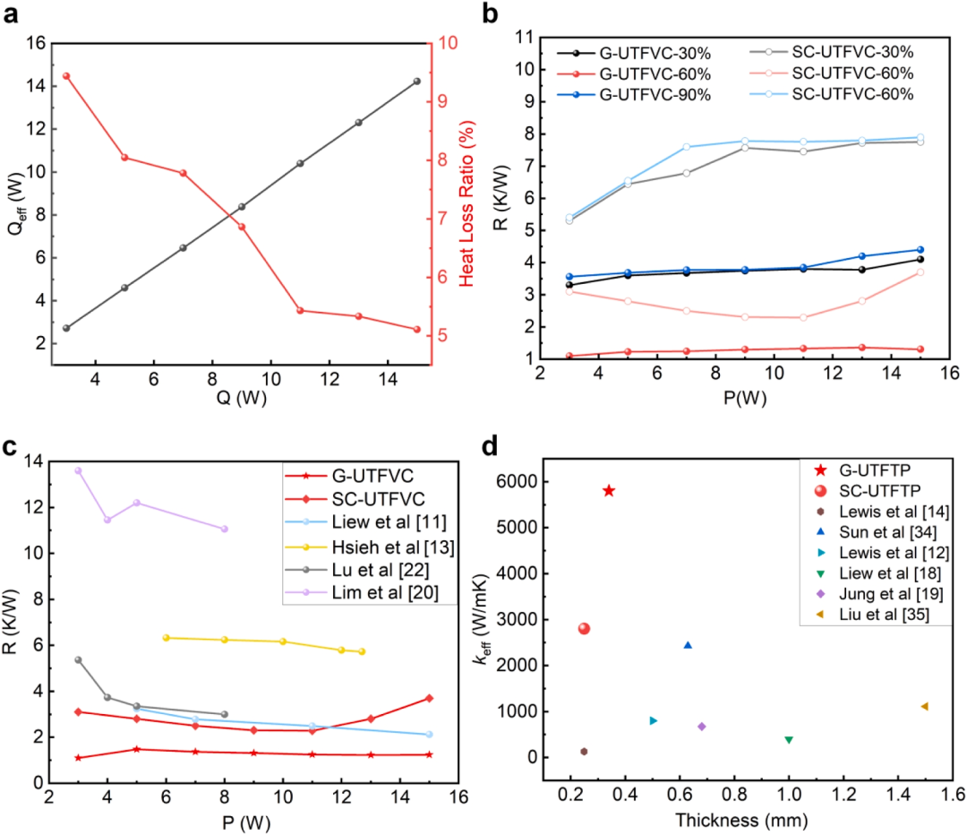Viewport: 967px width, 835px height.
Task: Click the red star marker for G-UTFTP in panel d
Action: tap(609, 491)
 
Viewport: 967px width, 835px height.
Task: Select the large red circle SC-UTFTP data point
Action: tap(584, 628)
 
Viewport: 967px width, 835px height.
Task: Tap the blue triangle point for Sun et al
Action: tap(689, 645)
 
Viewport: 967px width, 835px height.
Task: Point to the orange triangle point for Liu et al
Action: tap(924, 706)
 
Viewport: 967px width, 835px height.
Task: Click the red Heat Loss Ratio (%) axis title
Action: tap(466, 203)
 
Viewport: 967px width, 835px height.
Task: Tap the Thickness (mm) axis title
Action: tap(741, 820)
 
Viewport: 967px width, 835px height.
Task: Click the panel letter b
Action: tap(490, 13)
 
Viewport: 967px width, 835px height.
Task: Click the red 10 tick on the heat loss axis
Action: tap(449, 43)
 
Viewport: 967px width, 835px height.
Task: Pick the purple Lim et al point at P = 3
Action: tap(78, 470)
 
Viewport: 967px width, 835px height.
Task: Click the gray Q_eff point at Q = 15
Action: tap(417, 82)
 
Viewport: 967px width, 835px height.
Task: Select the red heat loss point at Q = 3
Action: tap(66, 76)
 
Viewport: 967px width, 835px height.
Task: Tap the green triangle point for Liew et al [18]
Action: tap(789, 739)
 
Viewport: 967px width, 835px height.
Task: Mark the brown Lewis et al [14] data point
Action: tap(584, 751)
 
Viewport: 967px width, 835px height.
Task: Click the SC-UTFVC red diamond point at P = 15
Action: tap(429, 698)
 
